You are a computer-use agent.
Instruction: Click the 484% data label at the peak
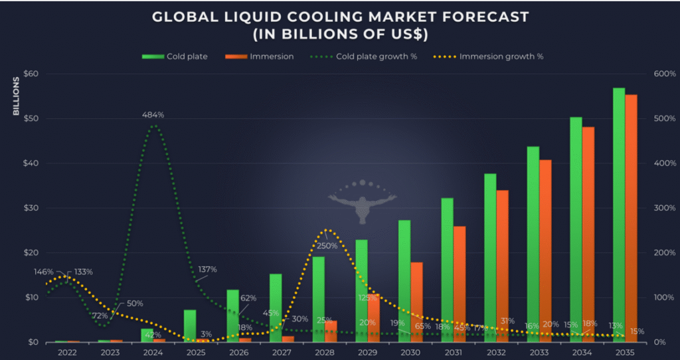coord(153,115)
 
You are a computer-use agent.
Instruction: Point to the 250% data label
coord(327,246)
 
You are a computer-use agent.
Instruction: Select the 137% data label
coord(208,270)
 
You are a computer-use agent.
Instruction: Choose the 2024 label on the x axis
coord(153,353)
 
